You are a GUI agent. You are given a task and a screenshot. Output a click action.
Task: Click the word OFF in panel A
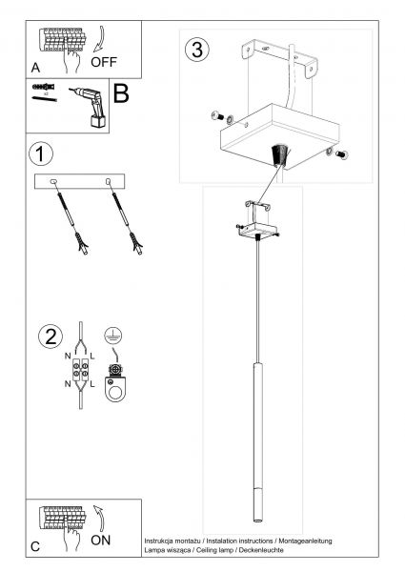click(x=104, y=62)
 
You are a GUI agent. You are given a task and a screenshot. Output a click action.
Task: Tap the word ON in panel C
click(x=100, y=541)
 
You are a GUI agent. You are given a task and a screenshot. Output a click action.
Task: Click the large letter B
click(x=121, y=93)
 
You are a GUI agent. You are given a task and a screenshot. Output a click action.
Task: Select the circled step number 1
click(x=41, y=153)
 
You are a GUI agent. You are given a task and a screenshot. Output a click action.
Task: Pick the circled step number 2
click(x=51, y=337)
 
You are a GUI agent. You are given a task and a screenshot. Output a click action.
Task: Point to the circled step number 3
click(x=197, y=50)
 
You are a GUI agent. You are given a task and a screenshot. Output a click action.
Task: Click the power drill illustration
click(x=91, y=107)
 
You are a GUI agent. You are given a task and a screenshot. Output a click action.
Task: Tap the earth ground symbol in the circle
click(x=113, y=335)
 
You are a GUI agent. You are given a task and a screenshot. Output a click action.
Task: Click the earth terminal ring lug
click(x=115, y=383)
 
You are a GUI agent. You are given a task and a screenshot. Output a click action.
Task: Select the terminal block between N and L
click(x=80, y=370)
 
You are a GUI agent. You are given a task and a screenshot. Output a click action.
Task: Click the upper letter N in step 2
click(x=68, y=356)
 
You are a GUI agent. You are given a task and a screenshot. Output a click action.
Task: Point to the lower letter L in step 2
click(x=91, y=384)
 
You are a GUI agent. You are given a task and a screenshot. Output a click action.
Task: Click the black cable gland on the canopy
click(x=280, y=155)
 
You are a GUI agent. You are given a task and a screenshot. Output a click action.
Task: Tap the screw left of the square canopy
click(x=217, y=116)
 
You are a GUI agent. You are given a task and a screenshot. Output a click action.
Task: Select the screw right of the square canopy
click(x=341, y=154)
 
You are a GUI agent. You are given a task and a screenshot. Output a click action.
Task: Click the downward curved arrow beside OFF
click(x=100, y=39)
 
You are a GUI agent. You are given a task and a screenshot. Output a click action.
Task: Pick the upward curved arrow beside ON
click(x=100, y=518)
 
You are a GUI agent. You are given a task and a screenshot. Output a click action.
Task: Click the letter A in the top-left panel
click(x=35, y=68)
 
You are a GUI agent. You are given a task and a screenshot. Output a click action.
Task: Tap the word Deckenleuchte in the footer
click(x=261, y=550)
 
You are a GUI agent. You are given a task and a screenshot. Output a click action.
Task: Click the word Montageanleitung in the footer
click(x=305, y=541)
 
